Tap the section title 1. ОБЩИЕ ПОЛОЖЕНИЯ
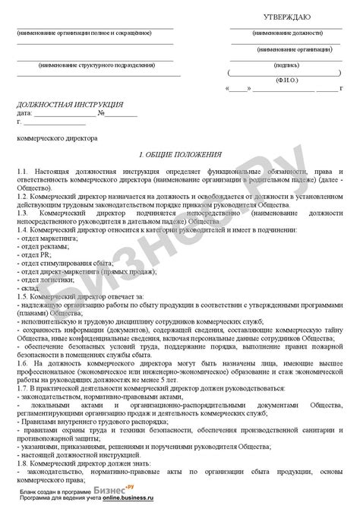click(178, 153)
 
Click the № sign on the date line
click(101, 112)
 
